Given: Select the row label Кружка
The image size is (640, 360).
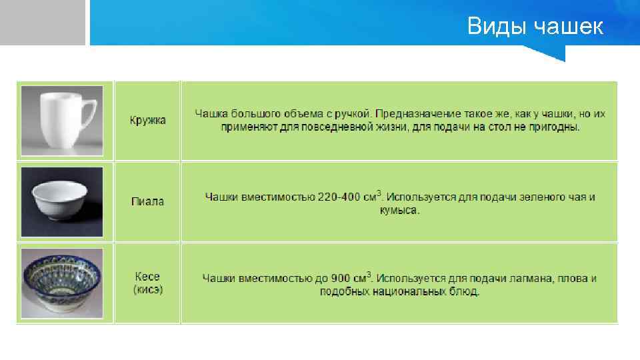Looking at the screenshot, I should click(x=147, y=121).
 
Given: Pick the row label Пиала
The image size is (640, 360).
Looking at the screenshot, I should click(x=147, y=201).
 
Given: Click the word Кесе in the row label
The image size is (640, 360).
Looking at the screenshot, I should click(x=147, y=277).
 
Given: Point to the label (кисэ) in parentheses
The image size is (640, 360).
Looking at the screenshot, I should click(x=147, y=289).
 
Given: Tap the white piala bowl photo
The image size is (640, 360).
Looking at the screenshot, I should click(x=62, y=201).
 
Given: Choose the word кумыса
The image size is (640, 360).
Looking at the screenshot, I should click(x=400, y=211).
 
